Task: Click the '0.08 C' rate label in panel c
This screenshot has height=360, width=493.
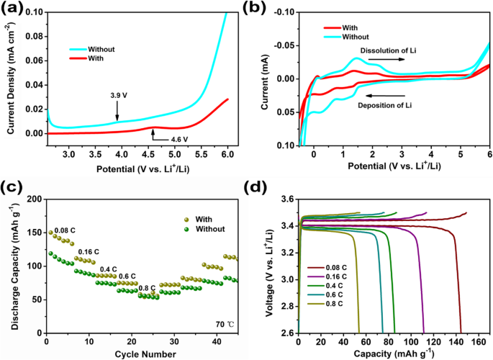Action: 65,231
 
